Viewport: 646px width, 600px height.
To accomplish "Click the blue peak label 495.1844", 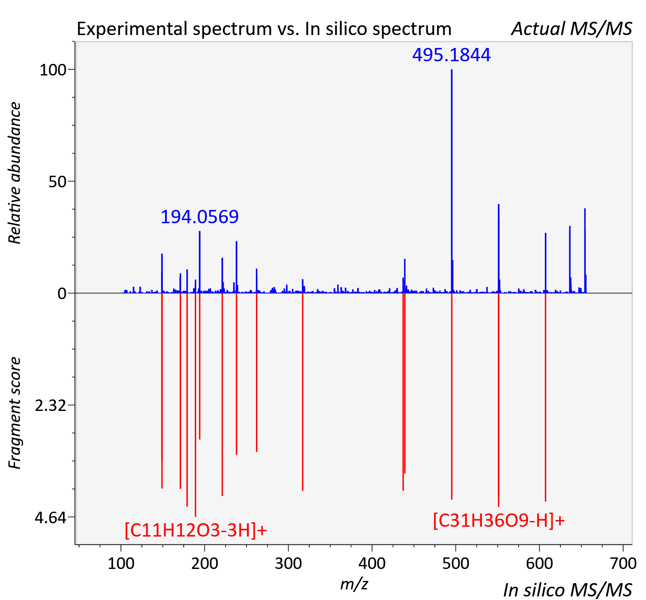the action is click(x=451, y=55).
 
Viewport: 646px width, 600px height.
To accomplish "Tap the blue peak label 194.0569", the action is click(x=200, y=217).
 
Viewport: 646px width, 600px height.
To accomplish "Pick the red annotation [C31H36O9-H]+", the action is click(x=499, y=520).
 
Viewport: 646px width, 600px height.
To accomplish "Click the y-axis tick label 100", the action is click(x=53, y=70).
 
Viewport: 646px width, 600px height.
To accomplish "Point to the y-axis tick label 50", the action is click(x=57, y=182).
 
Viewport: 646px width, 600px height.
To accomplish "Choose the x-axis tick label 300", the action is click(x=288, y=564).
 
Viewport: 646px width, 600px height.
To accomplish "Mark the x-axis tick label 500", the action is click(x=456, y=564).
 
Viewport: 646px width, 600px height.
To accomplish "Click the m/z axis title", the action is click(x=354, y=584).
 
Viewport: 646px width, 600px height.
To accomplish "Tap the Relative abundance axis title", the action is click(x=15, y=173).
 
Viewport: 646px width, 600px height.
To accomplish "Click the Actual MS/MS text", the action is click(x=571, y=29).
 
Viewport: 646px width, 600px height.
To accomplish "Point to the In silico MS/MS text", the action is click(x=567, y=590).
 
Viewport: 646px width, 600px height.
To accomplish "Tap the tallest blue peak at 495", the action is click(x=452, y=181).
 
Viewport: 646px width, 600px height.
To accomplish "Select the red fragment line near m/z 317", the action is click(x=303, y=392).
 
